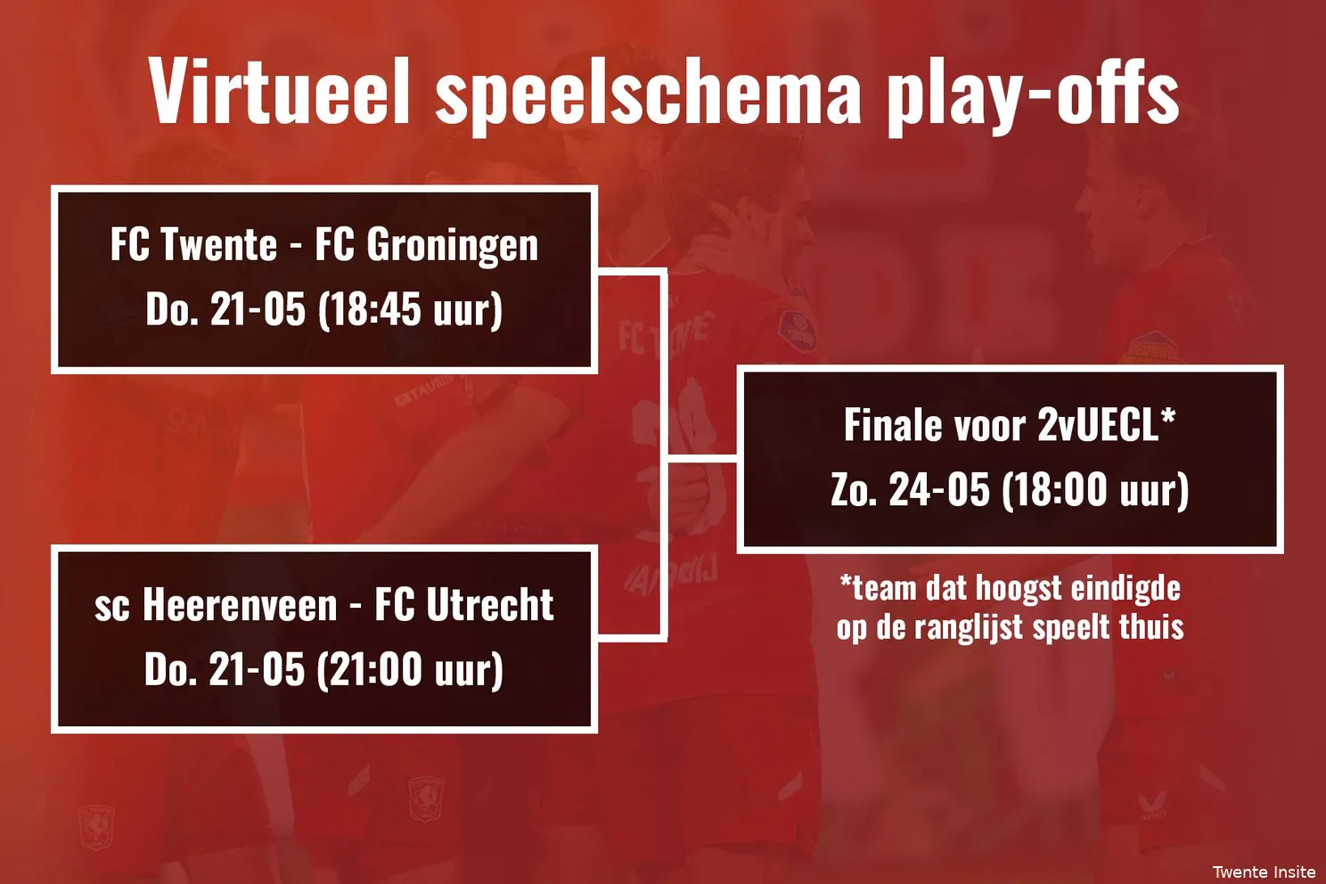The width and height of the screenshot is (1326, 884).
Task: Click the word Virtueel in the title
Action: point(279,91)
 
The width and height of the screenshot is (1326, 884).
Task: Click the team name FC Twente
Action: point(193,245)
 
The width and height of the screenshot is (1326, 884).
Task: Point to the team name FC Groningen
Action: point(426,246)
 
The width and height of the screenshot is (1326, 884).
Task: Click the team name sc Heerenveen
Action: point(216,605)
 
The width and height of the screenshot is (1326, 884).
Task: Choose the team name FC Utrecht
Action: point(463,605)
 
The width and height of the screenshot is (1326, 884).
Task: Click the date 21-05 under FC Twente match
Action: point(258,310)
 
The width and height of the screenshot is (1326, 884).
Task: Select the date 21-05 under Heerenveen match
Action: point(257,670)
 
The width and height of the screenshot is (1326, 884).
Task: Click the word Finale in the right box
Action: point(893,425)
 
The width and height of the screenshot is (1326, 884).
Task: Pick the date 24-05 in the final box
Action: point(939,490)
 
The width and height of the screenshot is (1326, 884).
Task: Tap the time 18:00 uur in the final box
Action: point(1095,490)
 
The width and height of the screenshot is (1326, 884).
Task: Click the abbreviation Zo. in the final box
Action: point(853,490)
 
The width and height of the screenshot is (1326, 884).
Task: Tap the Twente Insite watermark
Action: point(1264,872)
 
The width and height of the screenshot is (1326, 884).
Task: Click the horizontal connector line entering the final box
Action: point(702,459)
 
